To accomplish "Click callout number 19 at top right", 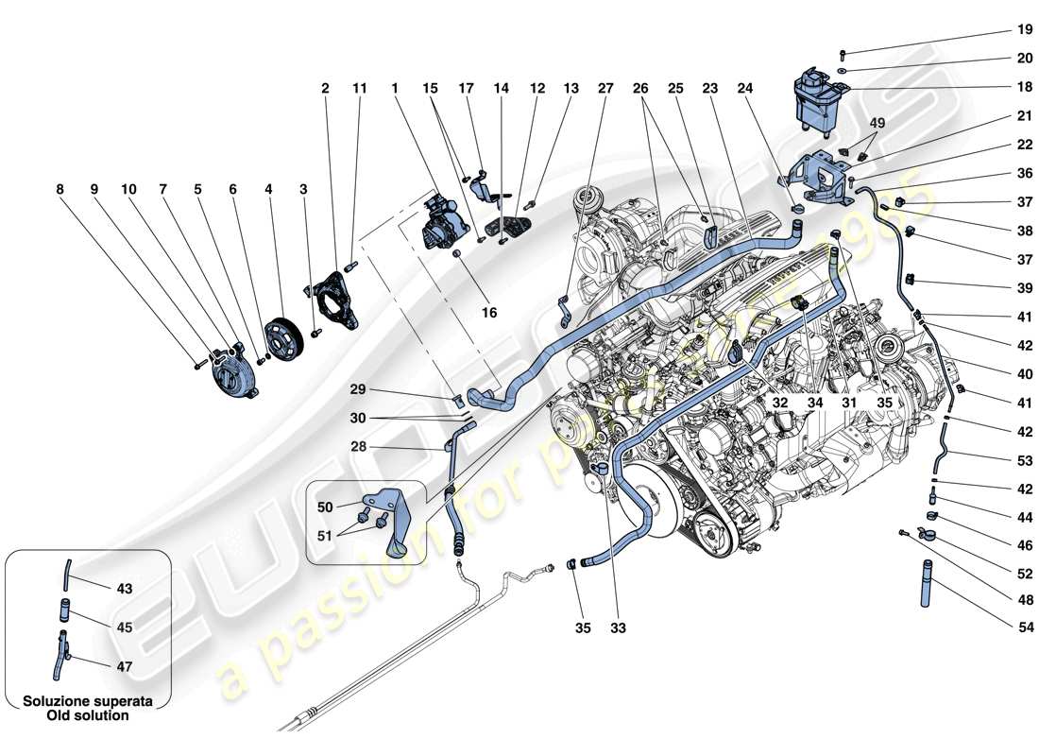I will (x=998, y=28).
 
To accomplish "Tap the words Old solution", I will (x=87, y=715).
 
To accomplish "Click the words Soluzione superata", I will (x=87, y=701).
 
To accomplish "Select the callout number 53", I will (x=998, y=460).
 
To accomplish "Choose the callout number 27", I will (x=605, y=88).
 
